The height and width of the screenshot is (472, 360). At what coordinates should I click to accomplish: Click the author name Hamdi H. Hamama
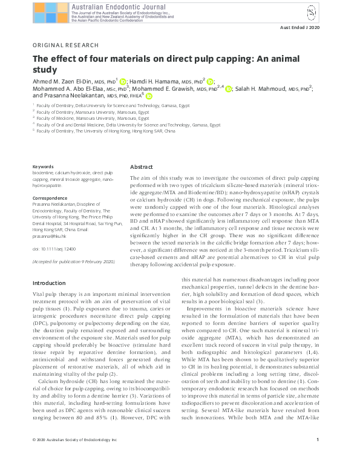[156, 80]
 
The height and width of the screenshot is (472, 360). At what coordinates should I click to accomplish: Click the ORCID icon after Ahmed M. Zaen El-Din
[122, 80]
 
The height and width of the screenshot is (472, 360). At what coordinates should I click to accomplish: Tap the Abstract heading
[142, 166]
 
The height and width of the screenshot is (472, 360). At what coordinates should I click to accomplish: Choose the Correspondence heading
[49, 198]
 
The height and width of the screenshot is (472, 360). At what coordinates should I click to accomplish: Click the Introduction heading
[49, 283]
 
